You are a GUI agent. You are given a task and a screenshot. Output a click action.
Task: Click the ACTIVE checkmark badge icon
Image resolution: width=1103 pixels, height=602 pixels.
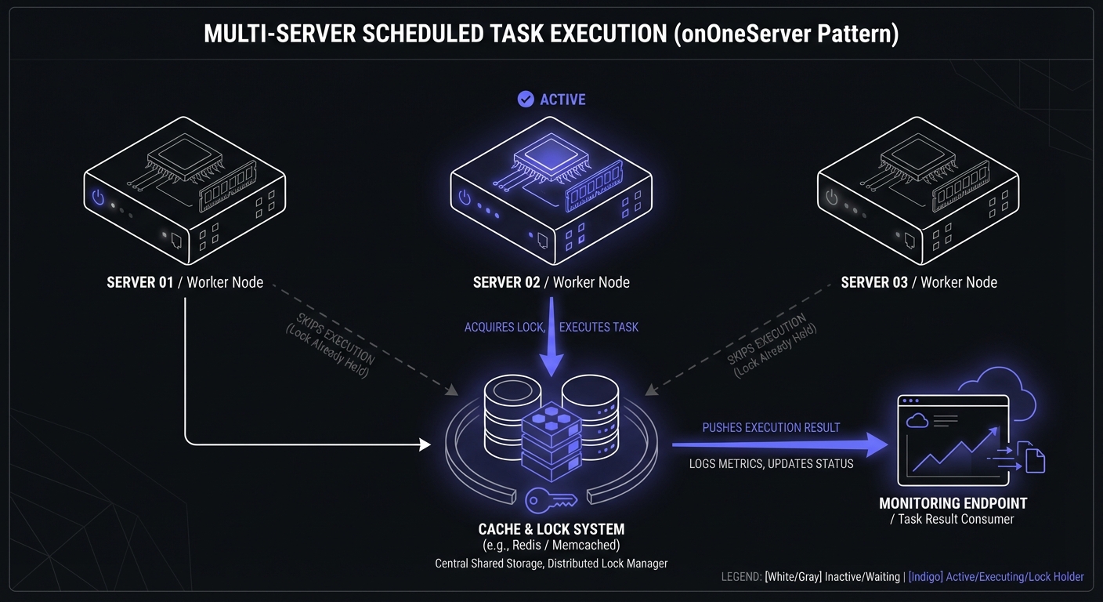pyautogui.click(x=526, y=99)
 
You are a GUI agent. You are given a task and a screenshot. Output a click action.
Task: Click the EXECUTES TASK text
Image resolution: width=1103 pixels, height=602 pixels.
pyautogui.click(x=599, y=327)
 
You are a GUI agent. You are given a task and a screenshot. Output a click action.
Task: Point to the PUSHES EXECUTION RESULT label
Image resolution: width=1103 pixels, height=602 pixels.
pyautogui.click(x=771, y=428)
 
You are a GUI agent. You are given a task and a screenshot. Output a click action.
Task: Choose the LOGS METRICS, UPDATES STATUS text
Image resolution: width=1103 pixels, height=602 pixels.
pyautogui.click(x=771, y=464)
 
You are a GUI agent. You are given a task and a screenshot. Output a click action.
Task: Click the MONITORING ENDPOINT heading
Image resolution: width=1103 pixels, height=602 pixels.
pyautogui.click(x=953, y=503)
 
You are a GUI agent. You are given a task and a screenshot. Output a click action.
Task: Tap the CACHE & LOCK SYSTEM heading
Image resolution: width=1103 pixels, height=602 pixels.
pyautogui.click(x=551, y=529)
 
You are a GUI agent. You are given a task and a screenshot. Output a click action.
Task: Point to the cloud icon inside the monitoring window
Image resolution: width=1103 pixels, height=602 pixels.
pyautogui.click(x=917, y=421)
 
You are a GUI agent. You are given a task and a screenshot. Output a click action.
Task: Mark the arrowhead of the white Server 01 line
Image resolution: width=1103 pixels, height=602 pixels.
pyautogui.click(x=425, y=445)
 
